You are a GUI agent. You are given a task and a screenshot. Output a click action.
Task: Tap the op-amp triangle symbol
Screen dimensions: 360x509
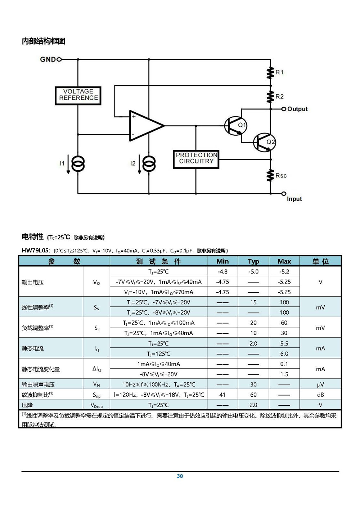tap(147, 126)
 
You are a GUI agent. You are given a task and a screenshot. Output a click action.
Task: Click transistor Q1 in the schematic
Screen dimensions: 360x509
tap(235, 125)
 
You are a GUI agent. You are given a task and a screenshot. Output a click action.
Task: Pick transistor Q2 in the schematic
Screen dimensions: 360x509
tap(265, 143)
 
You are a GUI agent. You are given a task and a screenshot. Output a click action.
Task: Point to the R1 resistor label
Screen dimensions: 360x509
tap(280, 72)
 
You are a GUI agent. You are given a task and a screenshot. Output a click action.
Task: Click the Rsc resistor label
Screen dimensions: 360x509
tap(281, 175)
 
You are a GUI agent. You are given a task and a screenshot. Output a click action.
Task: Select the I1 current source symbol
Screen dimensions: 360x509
tap(78, 163)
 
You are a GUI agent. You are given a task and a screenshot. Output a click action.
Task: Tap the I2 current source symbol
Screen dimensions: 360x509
tap(149, 163)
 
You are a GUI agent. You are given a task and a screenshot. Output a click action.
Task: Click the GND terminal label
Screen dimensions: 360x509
tap(48, 59)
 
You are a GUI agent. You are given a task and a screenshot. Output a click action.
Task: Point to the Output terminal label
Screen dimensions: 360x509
tap(297, 109)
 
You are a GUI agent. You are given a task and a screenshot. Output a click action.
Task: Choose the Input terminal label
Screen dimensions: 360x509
tap(294, 199)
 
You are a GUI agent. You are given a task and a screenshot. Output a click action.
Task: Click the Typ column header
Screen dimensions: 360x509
tap(253, 261)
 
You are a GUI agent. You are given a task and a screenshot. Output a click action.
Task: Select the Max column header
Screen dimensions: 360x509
tap(284, 261)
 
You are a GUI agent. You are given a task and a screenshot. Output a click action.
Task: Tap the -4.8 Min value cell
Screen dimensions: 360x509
tap(222, 271)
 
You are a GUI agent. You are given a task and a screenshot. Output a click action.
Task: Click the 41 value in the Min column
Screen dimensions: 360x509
tap(222, 395)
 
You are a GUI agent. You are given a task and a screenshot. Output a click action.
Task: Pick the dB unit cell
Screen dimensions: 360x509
tap(320, 395)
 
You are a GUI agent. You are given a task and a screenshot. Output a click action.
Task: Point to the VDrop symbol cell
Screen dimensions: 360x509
tap(96, 405)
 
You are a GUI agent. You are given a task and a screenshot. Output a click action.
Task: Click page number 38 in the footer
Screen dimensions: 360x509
tap(180, 476)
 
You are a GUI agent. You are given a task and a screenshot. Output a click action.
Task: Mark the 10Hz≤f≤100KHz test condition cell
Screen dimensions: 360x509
tap(158, 384)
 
